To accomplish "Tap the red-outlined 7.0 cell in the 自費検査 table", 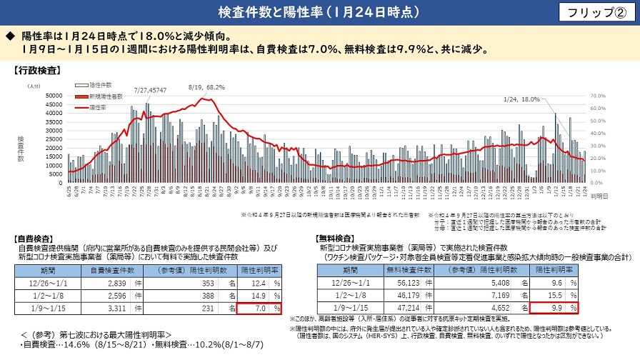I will (x=259, y=309).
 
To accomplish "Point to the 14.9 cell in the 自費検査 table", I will (x=259, y=296).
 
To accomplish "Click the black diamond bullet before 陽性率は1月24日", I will (x=10, y=35).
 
